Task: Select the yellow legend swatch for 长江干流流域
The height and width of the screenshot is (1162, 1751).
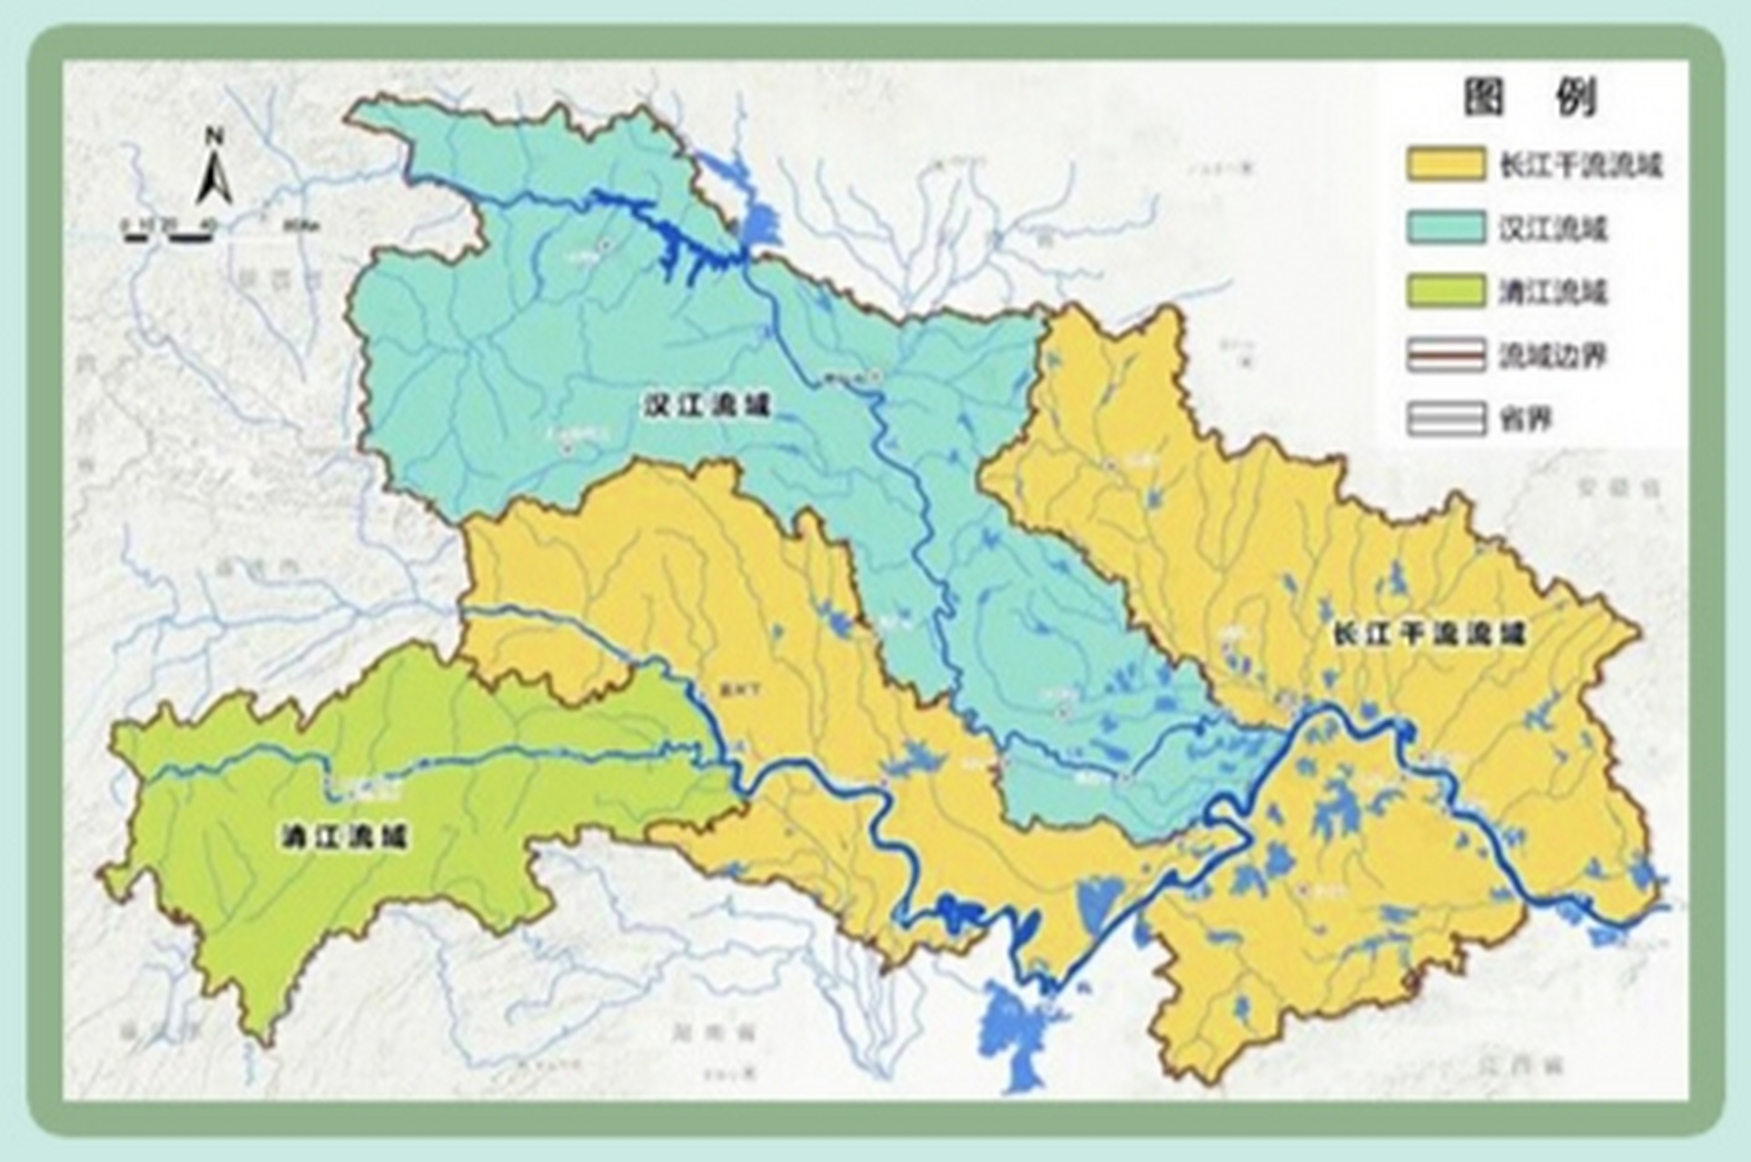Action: pos(1446,164)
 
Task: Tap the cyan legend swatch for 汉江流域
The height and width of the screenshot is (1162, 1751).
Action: pos(1446,228)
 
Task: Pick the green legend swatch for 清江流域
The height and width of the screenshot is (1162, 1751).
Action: pos(1446,291)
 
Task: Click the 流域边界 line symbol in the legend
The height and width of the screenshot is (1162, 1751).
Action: pos(1446,356)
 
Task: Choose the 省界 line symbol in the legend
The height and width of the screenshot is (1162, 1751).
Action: pos(1446,419)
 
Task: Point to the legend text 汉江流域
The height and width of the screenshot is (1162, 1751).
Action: pos(1553,229)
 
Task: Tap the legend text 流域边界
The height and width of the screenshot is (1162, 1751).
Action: pos(1553,356)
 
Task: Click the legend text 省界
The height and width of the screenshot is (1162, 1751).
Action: pos(1526,419)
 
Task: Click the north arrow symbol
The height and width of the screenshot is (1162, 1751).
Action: pos(215,179)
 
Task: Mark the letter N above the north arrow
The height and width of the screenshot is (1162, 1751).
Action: pos(215,138)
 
